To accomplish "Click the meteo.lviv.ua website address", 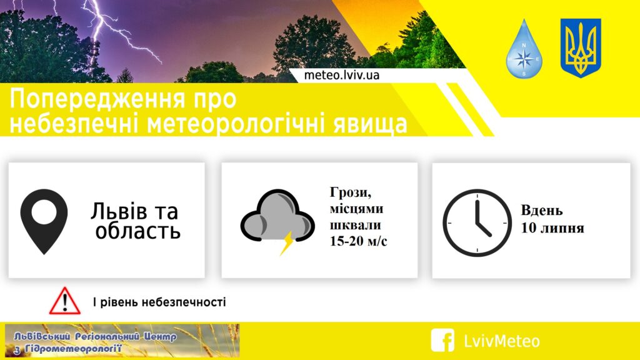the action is (x=342, y=75).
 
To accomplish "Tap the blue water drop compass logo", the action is (x=524, y=49).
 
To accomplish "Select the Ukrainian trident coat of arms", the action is (x=581, y=47).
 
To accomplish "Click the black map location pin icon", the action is (x=44, y=221).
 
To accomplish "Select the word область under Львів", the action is (x=138, y=231).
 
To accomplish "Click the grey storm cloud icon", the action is (x=277, y=217).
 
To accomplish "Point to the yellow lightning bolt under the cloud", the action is (x=287, y=243).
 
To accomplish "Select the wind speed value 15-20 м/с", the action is (x=358, y=241).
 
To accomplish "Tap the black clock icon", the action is (x=477, y=223).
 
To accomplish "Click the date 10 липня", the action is (x=552, y=227).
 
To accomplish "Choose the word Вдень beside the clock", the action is (x=542, y=211).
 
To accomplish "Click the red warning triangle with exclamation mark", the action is (x=65, y=301).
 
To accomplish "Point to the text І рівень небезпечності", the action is (x=159, y=302).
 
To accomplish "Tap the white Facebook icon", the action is (x=442, y=340).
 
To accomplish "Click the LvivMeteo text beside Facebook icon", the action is (x=502, y=341).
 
